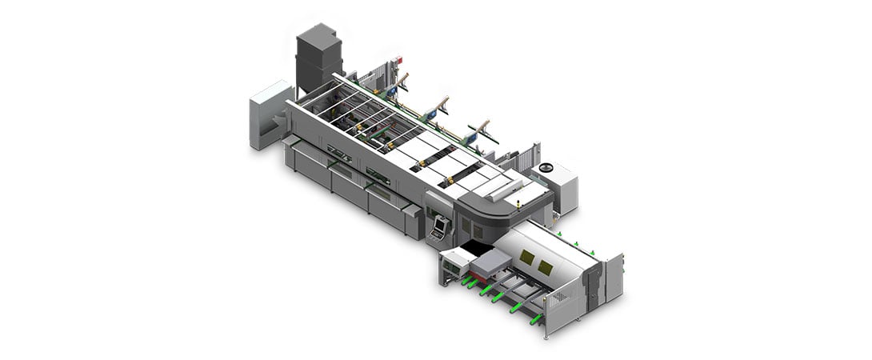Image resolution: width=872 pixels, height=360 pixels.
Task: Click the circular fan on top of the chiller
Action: pyautogui.click(x=546, y=168)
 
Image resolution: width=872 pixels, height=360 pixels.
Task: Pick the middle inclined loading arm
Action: pyautogui.click(x=440, y=104)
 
